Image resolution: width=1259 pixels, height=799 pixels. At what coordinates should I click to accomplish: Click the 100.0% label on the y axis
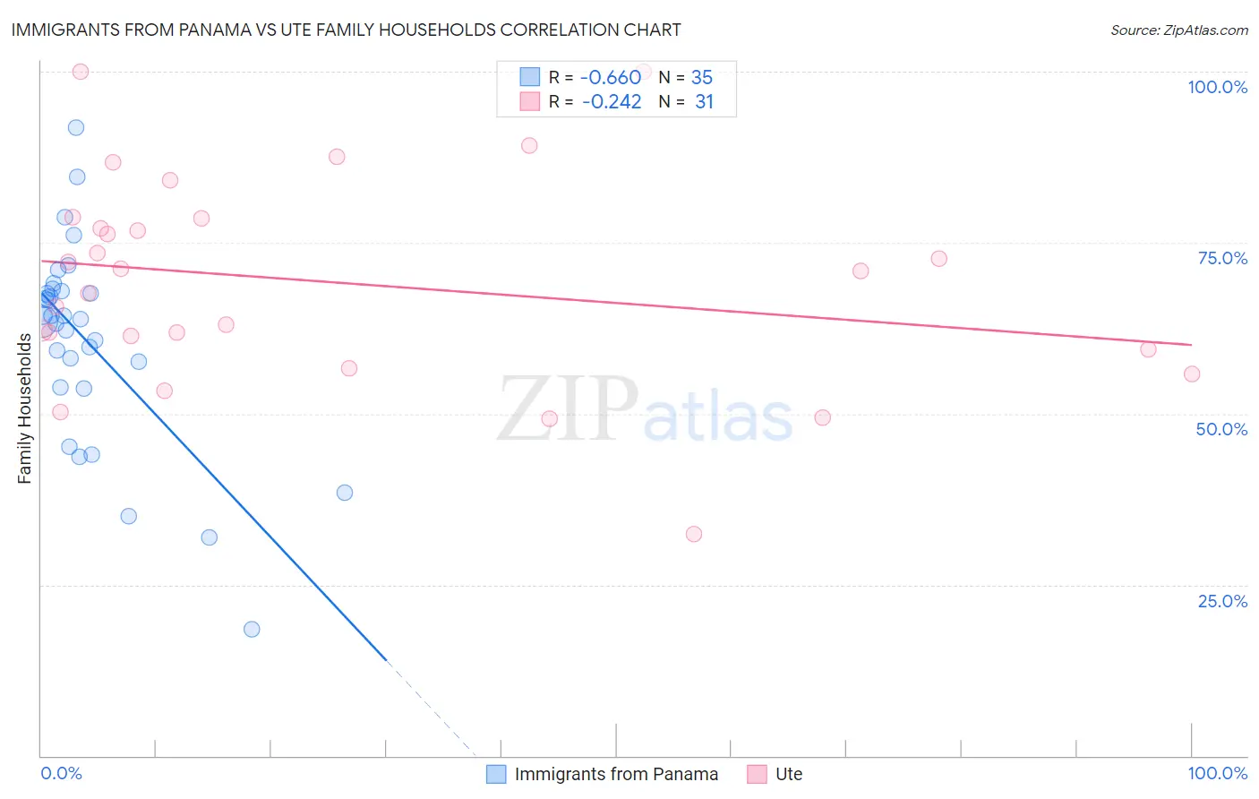(x=1217, y=87)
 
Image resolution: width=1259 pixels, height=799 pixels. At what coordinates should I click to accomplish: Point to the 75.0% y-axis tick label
(x=1222, y=258)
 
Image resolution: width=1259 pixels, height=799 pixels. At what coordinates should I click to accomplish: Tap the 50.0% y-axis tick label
(x=1221, y=429)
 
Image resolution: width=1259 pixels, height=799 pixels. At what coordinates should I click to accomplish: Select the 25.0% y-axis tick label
(x=1222, y=601)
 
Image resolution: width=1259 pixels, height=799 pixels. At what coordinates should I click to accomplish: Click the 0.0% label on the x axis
(x=61, y=773)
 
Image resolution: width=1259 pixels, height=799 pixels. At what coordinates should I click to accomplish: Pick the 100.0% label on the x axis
(x=1217, y=773)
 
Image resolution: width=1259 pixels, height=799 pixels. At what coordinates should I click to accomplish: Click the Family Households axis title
(x=25, y=408)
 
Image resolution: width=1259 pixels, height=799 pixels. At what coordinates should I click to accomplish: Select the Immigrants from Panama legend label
(x=616, y=774)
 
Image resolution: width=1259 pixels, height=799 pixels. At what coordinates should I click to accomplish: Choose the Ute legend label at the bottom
(x=789, y=774)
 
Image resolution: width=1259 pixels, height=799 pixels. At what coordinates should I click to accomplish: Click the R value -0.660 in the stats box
(x=611, y=77)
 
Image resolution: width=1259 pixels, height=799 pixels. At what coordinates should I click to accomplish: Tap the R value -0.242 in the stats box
(x=611, y=102)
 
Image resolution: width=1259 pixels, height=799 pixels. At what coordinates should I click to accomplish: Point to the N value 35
(x=702, y=77)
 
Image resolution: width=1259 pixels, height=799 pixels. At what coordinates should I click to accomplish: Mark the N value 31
(x=704, y=102)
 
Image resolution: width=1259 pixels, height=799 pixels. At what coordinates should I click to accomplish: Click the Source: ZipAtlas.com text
(x=1178, y=30)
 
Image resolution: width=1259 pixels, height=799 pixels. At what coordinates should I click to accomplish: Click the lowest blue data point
(x=252, y=630)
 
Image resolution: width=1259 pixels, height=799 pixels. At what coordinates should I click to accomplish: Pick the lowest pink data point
(x=694, y=534)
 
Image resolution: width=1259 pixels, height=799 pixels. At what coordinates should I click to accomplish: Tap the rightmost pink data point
(x=1192, y=374)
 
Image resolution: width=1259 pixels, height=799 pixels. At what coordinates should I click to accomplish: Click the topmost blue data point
(x=76, y=128)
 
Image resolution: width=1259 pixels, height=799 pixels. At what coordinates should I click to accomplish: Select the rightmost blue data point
(x=345, y=493)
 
